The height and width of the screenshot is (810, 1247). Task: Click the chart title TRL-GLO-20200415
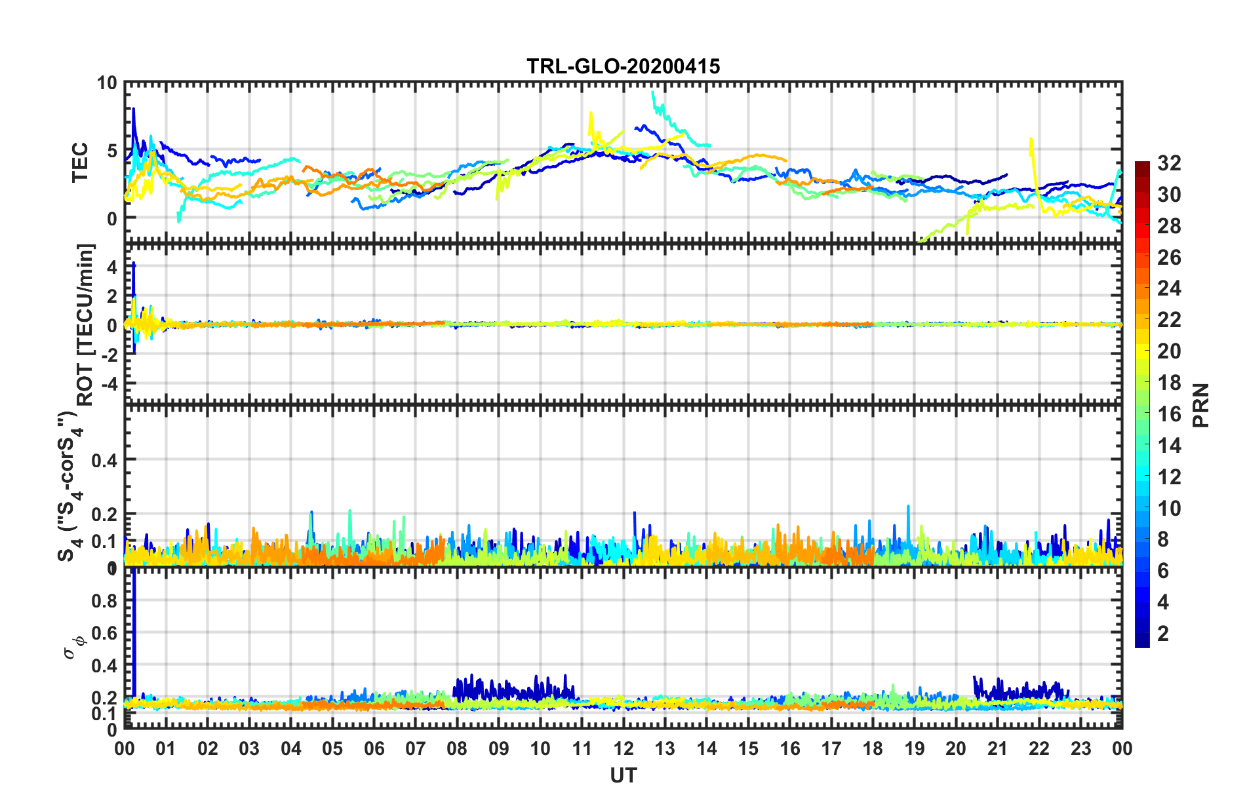[x=623, y=66]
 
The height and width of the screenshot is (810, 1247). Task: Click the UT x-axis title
[x=623, y=776]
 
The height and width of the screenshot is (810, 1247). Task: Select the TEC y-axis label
[x=80, y=163]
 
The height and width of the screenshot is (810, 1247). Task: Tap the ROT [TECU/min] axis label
[x=85, y=324]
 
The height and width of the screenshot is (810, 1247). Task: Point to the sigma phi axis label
[x=73, y=646]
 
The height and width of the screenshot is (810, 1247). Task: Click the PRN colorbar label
[x=1201, y=405]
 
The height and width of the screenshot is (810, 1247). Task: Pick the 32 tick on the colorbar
[x=1169, y=163]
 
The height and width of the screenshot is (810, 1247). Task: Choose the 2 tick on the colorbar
[x=1163, y=633]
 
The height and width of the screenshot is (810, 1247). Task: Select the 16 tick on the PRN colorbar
[x=1169, y=414]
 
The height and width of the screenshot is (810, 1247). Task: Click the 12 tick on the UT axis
[x=623, y=748]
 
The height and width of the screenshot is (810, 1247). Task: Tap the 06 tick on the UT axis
[x=374, y=748]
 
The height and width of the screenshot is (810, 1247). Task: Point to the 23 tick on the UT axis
[x=1080, y=748]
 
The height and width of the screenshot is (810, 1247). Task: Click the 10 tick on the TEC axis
[x=107, y=83]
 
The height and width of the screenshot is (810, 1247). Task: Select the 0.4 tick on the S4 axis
[x=104, y=460]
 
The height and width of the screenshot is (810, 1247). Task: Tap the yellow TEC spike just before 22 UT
[x=1031, y=147]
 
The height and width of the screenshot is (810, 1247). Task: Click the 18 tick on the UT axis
[x=873, y=748]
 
